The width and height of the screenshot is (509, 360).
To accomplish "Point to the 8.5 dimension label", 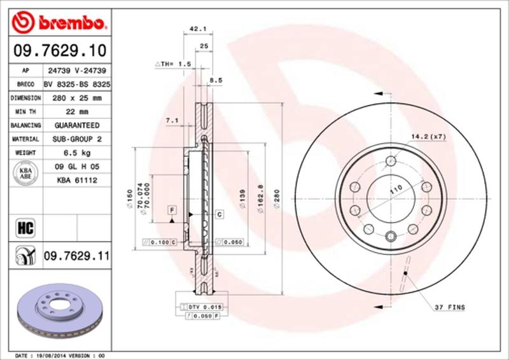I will [216, 81].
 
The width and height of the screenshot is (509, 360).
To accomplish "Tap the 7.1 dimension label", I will [171, 120].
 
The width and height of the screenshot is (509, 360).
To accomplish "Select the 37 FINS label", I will [450, 308].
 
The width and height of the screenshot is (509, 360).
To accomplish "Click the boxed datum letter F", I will [172, 210].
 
